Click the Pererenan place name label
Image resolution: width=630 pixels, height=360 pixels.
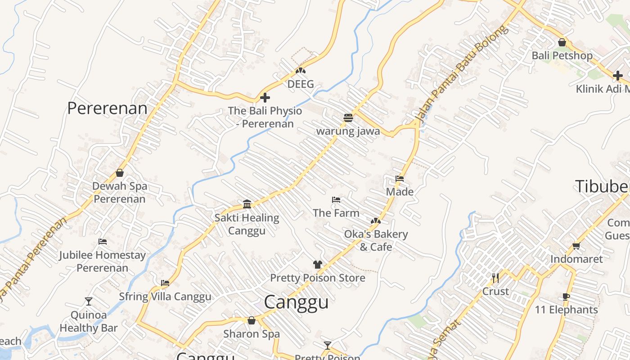[x=107, y=108]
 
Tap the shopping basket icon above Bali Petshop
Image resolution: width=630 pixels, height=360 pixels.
[x=562, y=43]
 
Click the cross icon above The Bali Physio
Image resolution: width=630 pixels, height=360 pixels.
[x=265, y=97]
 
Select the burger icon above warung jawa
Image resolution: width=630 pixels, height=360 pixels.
[x=348, y=118]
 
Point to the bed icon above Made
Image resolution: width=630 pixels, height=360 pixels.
[x=400, y=179]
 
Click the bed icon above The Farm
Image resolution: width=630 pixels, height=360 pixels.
[x=336, y=200]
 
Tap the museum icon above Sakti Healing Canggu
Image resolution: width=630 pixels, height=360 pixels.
[x=247, y=204]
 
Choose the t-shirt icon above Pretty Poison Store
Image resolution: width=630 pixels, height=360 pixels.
[x=318, y=265]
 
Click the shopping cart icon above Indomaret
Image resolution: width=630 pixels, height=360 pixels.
[x=576, y=246]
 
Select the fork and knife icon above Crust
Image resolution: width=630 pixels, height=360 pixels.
[x=495, y=278]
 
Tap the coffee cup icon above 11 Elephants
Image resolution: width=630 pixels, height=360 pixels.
[x=566, y=297]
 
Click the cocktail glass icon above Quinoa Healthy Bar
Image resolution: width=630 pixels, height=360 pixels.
[x=88, y=301]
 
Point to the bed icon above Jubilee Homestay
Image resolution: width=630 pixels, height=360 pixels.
[x=103, y=242]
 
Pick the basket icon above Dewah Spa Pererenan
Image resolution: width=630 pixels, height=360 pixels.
[x=120, y=173]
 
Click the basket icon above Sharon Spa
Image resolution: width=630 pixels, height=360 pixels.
[x=252, y=320]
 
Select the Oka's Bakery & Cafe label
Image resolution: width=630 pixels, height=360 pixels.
[x=376, y=240]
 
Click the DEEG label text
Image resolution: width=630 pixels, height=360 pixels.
[x=301, y=84]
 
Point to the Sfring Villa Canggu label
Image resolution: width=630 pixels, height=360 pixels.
[x=165, y=297]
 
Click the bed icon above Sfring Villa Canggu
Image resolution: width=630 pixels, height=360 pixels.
[x=165, y=283]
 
